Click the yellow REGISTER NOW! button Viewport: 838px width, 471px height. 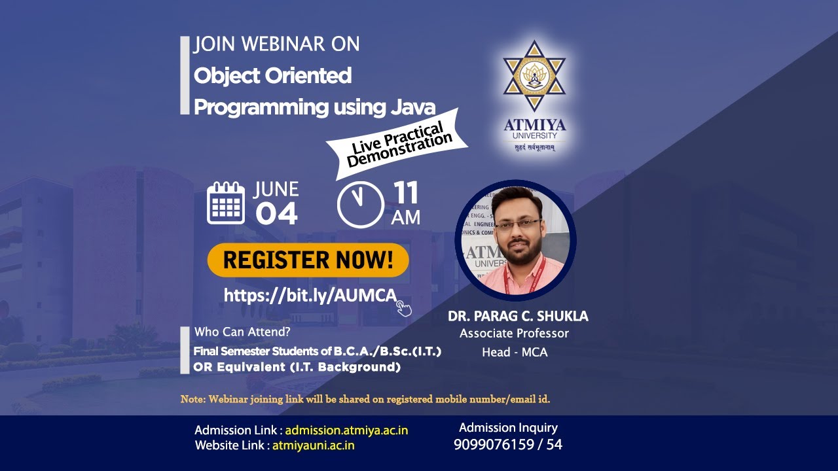(308, 260)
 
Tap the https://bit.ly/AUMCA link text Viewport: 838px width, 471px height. (310, 295)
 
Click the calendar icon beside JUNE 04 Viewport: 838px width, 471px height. (226, 203)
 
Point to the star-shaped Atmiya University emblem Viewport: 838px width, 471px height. (534, 75)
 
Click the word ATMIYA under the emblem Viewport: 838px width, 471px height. (535, 125)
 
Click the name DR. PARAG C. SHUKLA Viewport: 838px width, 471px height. (518, 317)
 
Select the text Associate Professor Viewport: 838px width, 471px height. (514, 334)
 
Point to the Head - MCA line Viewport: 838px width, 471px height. (515, 352)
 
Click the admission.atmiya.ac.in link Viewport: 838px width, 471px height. (346, 430)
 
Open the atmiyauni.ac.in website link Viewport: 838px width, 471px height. (313, 445)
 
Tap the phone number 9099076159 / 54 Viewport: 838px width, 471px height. (507, 445)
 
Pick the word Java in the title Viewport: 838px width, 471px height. (413, 107)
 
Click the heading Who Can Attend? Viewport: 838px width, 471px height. (242, 332)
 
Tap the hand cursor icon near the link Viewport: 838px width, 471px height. (404, 307)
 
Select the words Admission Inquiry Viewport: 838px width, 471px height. (508, 428)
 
